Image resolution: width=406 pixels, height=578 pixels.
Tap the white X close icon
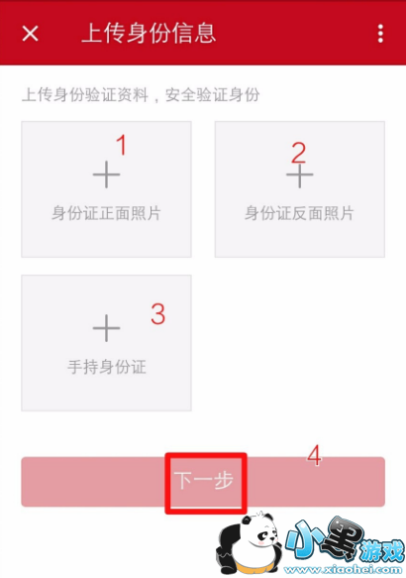(30, 34)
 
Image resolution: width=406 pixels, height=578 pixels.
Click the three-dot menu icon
(380, 34)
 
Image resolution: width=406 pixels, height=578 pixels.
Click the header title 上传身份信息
(149, 33)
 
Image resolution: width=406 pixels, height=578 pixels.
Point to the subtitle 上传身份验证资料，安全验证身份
(141, 95)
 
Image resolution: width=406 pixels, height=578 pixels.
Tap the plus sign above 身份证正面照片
(106, 174)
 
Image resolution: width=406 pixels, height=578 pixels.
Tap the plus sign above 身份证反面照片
(300, 175)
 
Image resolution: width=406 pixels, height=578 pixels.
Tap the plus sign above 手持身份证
(106, 328)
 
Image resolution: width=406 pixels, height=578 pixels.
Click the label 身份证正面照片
(106, 213)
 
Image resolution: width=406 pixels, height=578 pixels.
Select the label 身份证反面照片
(299, 213)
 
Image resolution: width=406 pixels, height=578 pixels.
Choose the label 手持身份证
(107, 367)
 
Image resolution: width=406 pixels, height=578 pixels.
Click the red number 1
(122, 145)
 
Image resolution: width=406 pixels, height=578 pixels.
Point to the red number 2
(298, 153)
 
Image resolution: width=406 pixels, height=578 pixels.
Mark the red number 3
(158, 314)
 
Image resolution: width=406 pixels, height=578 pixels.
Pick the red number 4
(314, 456)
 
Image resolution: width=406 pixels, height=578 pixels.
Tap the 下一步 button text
(204, 480)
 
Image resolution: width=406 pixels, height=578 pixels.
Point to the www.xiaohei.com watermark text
(343, 570)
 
